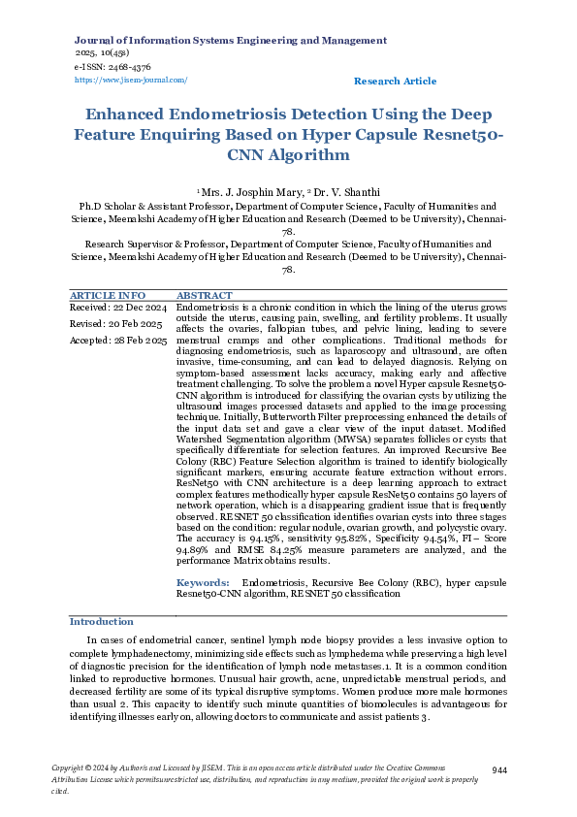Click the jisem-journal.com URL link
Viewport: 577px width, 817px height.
pyautogui.click(x=131, y=81)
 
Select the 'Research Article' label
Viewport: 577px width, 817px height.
pyautogui.click(x=395, y=82)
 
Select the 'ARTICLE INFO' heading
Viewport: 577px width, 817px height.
pyautogui.click(x=108, y=295)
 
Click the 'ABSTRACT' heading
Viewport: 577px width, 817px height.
pyautogui.click(x=204, y=295)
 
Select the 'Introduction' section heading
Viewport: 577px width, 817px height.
pyautogui.click(x=102, y=621)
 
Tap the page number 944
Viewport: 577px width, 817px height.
pyautogui.click(x=500, y=769)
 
